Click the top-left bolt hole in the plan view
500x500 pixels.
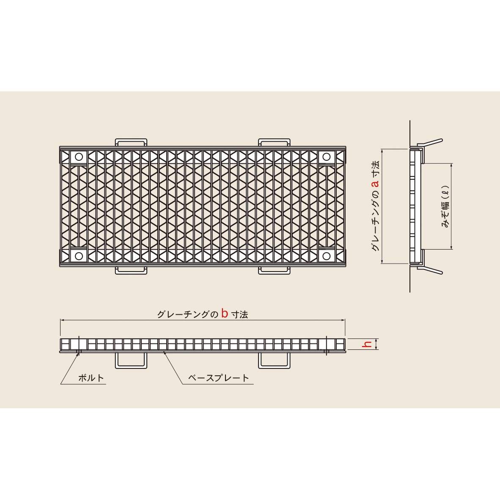[x=79, y=157]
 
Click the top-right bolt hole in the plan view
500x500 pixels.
[x=326, y=157]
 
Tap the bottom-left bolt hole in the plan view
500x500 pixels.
[x=79, y=256]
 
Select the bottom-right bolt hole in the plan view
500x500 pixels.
[x=326, y=256]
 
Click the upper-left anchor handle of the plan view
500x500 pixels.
[x=131, y=140]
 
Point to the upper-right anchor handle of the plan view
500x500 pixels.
[x=274, y=140]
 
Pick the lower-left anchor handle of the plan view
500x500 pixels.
[x=131, y=273]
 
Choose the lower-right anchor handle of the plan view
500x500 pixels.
[x=274, y=273]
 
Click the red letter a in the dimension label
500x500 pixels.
[x=376, y=183]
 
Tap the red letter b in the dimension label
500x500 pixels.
[x=225, y=313]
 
